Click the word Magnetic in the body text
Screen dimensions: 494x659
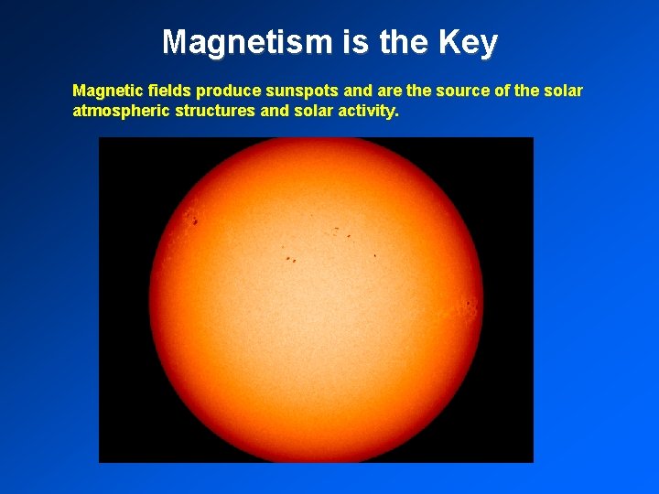coord(104,91)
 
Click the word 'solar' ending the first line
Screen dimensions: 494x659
coord(563,91)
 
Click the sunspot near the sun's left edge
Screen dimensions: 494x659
coord(194,220)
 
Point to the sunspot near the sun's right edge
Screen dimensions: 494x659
coord(470,303)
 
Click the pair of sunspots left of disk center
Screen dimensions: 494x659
coord(290,259)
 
